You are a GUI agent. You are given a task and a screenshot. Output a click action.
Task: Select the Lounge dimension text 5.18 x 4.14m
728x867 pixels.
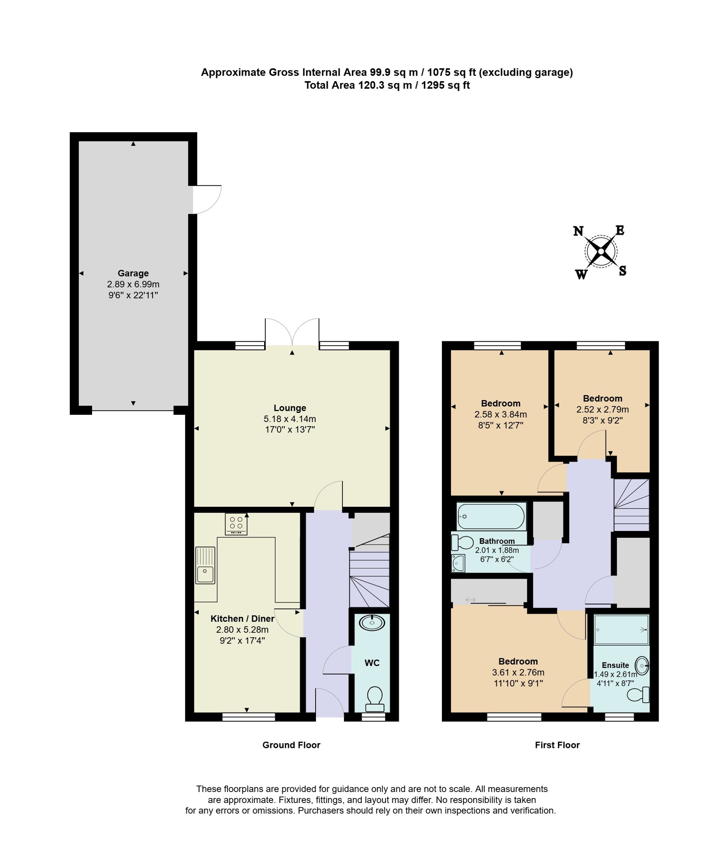point(290,419)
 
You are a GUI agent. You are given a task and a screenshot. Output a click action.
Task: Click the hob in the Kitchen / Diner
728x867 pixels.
point(236,523)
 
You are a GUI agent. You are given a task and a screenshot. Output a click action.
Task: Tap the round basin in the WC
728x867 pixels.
point(372,623)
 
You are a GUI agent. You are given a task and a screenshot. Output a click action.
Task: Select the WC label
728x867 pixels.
point(372,663)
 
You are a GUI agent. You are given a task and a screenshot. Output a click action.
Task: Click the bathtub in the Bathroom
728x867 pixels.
point(491,516)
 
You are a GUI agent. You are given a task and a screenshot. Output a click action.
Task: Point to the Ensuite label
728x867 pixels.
point(615,665)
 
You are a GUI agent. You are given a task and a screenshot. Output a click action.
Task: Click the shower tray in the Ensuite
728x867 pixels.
point(621,630)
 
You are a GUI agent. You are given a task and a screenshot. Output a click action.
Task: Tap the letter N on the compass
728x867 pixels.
point(578,231)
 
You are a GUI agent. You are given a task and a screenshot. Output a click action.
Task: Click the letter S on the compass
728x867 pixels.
point(622,271)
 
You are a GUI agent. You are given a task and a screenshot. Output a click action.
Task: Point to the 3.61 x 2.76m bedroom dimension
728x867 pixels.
point(518,672)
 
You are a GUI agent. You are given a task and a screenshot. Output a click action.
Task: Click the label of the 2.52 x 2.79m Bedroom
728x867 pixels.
point(602,398)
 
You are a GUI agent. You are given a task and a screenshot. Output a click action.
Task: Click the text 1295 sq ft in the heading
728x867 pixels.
point(445,86)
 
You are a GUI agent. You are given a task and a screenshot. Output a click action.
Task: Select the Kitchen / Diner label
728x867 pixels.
point(242,618)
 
